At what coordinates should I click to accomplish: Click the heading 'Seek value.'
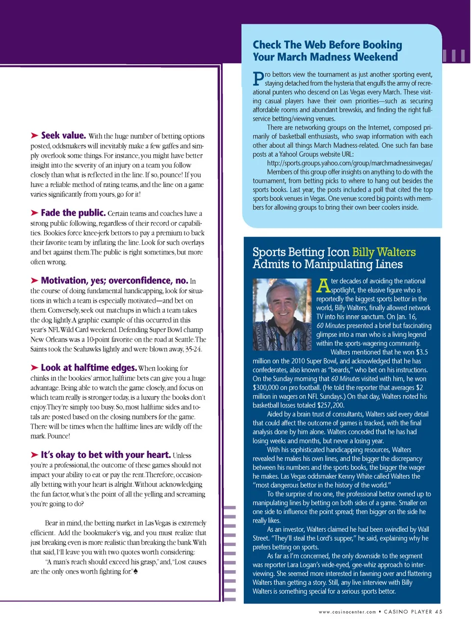(x=63, y=136)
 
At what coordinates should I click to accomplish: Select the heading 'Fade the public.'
(x=73, y=213)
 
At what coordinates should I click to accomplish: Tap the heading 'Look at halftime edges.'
(x=88, y=368)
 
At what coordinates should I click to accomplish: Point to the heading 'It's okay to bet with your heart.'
(x=105, y=455)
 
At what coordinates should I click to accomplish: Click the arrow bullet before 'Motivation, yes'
(x=34, y=280)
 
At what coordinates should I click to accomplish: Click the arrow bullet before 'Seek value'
(x=34, y=136)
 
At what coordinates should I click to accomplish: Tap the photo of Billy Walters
(x=282, y=314)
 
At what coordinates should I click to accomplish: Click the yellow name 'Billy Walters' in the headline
(x=384, y=252)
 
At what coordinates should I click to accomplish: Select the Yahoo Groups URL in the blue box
(x=349, y=163)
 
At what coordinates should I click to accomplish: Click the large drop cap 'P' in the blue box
(x=258, y=79)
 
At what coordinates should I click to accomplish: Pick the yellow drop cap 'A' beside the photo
(x=323, y=285)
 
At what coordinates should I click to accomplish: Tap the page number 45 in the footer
(x=439, y=612)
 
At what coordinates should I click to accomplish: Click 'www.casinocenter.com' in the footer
(x=347, y=612)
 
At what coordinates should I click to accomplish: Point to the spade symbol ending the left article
(x=135, y=571)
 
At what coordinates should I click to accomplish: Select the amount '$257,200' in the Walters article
(x=331, y=405)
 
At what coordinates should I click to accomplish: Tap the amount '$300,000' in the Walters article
(x=267, y=387)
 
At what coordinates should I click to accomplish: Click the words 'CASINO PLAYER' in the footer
(x=408, y=612)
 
